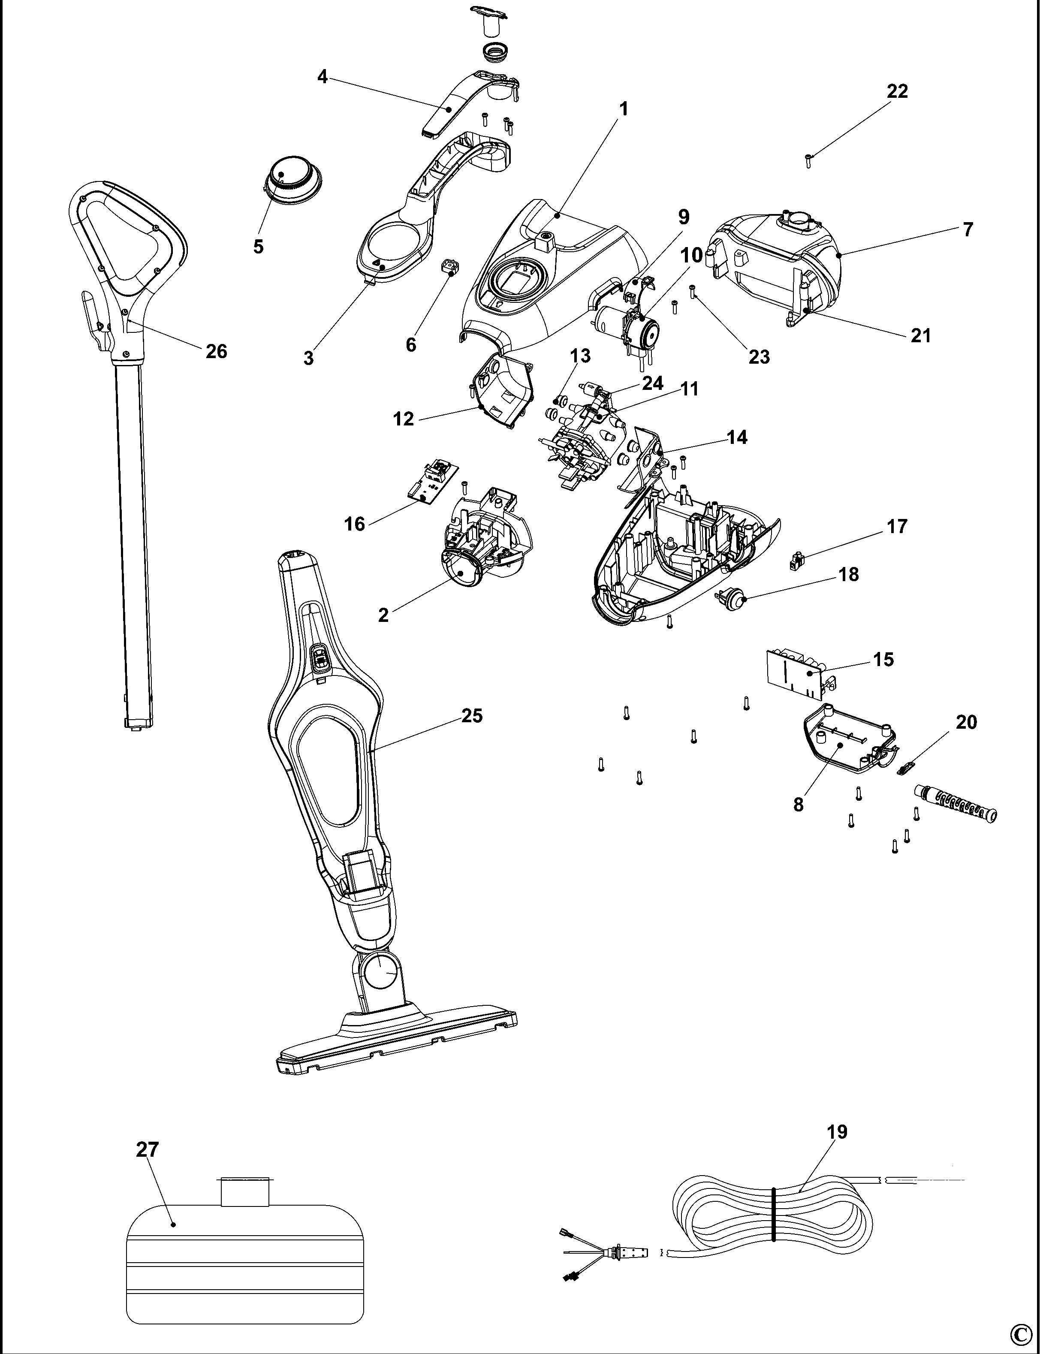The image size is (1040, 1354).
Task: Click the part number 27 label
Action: pos(148,1150)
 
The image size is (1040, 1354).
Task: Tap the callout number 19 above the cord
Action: pos(837,1132)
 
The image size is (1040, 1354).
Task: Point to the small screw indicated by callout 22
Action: pos(808,160)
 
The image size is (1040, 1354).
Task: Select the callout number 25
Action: pos(472,716)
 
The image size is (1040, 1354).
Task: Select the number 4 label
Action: pos(322,77)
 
